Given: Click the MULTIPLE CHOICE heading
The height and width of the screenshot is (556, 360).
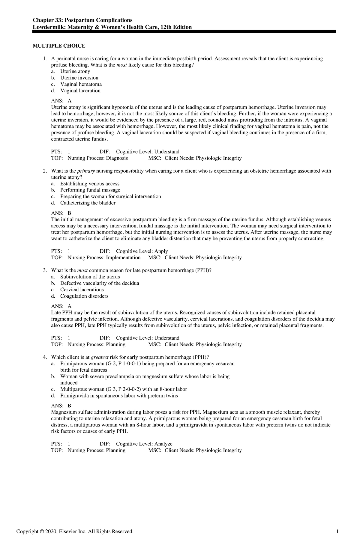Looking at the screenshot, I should (x=59, y=46).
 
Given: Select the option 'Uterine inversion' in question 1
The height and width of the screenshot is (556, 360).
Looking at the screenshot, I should (x=79, y=78).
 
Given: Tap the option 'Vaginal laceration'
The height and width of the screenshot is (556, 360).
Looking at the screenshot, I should (x=80, y=91).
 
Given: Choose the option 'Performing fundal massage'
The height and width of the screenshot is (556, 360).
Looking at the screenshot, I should (x=90, y=190).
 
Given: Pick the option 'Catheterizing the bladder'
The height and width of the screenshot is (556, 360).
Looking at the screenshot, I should (x=88, y=203).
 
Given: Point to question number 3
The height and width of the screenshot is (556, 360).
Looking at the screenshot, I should (x=45, y=271).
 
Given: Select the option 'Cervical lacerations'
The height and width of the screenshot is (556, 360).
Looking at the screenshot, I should (x=82, y=290).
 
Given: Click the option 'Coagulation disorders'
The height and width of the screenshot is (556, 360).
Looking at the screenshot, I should (x=84, y=296).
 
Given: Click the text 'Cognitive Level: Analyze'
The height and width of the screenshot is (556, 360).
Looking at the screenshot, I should (x=144, y=444).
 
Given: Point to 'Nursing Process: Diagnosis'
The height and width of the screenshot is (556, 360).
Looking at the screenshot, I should (x=97, y=158).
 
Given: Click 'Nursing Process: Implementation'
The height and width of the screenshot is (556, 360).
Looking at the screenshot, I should (x=104, y=258).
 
